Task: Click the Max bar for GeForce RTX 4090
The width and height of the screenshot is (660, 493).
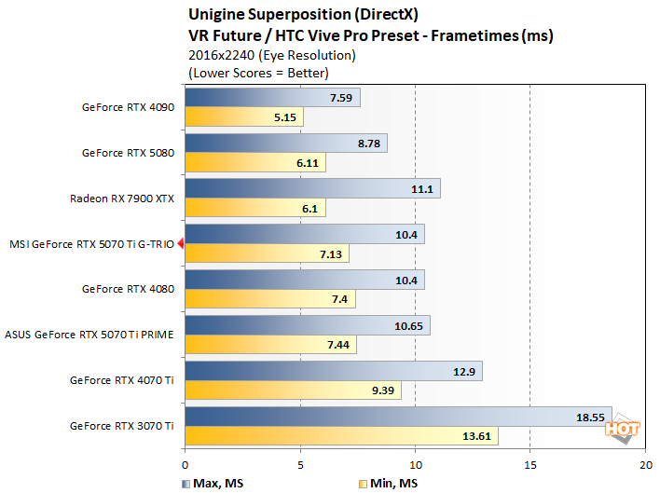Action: pyautogui.click(x=272, y=98)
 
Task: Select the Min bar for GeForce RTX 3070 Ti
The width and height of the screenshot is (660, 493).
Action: pyautogui.click(x=341, y=436)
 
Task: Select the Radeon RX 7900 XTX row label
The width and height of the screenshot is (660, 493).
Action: pyautogui.click(x=123, y=199)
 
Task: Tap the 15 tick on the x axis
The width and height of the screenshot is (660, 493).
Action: pyautogui.click(x=530, y=463)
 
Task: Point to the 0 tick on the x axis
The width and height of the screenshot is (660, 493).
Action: pyautogui.click(x=186, y=463)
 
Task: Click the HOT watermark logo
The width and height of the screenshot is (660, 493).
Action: pyautogui.click(x=621, y=429)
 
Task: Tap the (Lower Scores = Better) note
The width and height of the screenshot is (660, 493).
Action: pyautogui.click(x=258, y=72)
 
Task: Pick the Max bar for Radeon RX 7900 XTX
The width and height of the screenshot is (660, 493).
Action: pyautogui.click(x=312, y=188)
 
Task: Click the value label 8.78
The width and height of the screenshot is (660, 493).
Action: pyautogui.click(x=365, y=144)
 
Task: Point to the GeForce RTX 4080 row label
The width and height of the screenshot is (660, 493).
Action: pyautogui.click(x=128, y=289)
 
